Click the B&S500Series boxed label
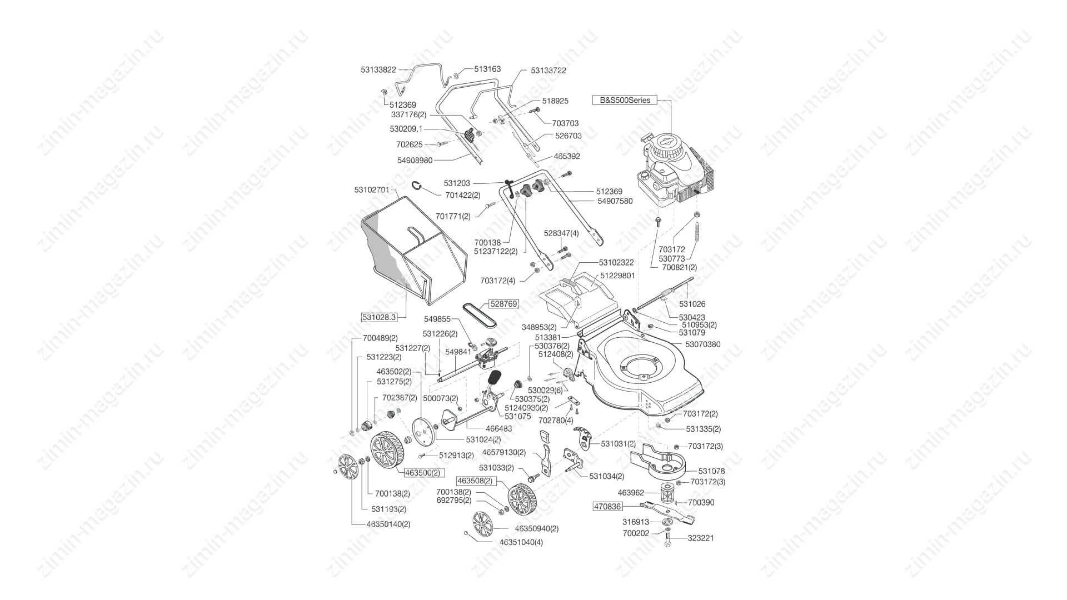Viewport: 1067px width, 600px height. pyautogui.click(x=625, y=101)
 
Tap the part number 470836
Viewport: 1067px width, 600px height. pyautogui.click(x=607, y=507)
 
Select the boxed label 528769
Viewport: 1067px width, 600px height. pyautogui.click(x=503, y=304)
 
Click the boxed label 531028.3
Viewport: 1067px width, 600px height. pyautogui.click(x=379, y=317)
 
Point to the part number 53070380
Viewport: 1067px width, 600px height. pyautogui.click(x=702, y=344)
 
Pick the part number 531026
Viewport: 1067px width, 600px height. pyautogui.click(x=692, y=304)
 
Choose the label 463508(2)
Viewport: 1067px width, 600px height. pyautogui.click(x=475, y=481)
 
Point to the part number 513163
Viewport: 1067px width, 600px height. pyautogui.click(x=487, y=69)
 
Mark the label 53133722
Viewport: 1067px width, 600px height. pyautogui.click(x=549, y=71)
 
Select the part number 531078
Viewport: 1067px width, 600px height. pyautogui.click(x=711, y=471)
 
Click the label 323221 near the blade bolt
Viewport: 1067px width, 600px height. pyautogui.click(x=701, y=538)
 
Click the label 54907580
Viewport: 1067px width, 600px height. pyautogui.click(x=615, y=201)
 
